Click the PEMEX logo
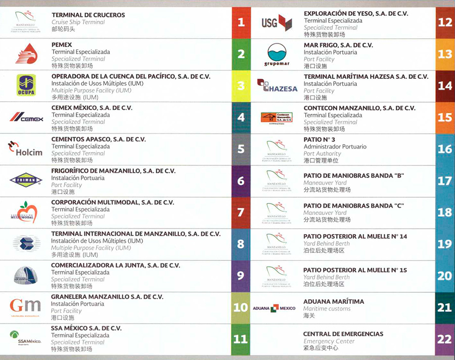(x=25, y=54)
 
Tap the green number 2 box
(x=241, y=54)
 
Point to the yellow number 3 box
(x=241, y=85)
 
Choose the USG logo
(x=277, y=22)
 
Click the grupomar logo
(x=277, y=55)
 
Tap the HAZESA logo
(x=277, y=86)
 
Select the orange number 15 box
(x=445, y=117)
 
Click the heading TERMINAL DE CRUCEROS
(x=88, y=15)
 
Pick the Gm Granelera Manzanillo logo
(x=25, y=306)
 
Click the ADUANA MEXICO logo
(x=274, y=308)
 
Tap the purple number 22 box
(x=445, y=339)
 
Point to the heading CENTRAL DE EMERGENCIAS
(x=343, y=334)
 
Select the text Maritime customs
(x=326, y=308)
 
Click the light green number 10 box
(x=241, y=307)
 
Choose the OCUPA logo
(x=25, y=84)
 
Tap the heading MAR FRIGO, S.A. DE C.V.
(x=338, y=45)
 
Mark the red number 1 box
(x=241, y=22)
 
